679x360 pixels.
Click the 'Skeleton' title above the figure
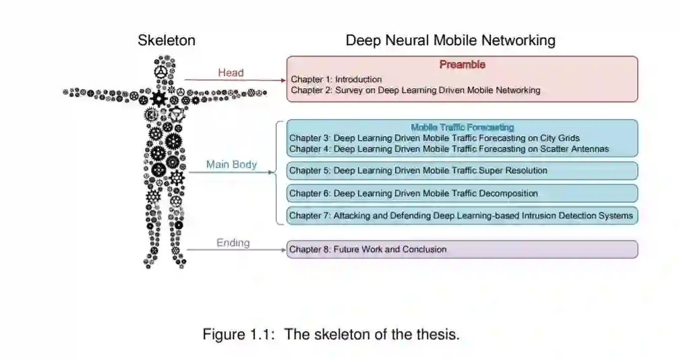[167, 40]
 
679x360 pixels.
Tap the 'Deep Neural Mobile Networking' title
[450, 40]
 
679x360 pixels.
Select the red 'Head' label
[231, 73]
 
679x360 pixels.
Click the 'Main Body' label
[231, 164]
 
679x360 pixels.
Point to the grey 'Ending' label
[233, 243]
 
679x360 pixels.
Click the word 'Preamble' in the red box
[462, 65]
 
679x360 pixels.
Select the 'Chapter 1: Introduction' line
[336, 80]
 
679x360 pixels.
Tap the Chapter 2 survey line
[415, 90]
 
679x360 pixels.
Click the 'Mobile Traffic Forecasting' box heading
[462, 127]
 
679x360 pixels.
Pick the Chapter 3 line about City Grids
[434, 138]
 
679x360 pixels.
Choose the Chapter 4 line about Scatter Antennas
[449, 148]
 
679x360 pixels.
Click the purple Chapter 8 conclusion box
[462, 249]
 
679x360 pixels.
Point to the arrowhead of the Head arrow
[284, 80]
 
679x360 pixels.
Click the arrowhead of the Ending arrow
[284, 249]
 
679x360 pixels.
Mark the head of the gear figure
[162, 70]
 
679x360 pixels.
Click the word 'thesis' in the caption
[438, 334]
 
